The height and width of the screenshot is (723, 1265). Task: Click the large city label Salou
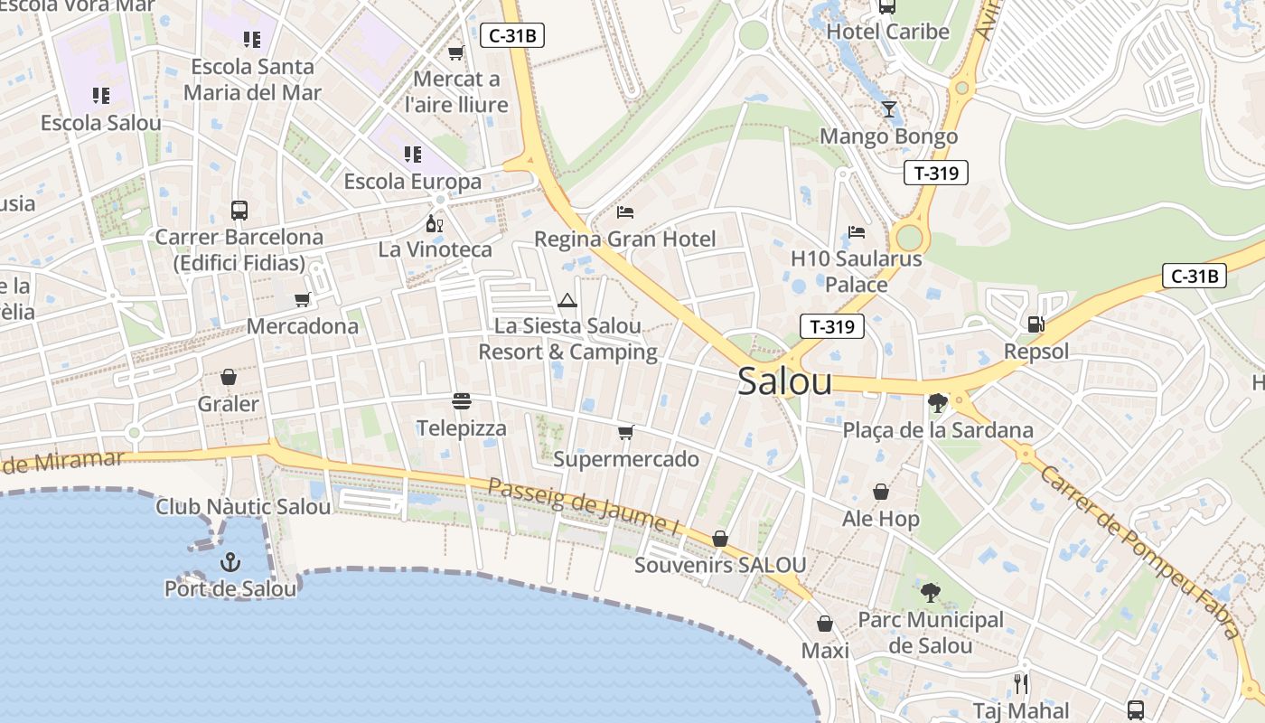click(784, 381)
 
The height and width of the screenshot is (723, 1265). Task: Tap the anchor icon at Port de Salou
click(230, 562)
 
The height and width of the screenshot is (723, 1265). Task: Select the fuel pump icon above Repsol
click(1035, 324)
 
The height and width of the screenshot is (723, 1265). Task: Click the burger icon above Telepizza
click(462, 400)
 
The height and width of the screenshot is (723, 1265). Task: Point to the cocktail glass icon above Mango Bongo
click(889, 109)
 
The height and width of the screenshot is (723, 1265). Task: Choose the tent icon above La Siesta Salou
click(567, 300)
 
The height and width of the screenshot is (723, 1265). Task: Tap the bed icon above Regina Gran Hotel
click(625, 212)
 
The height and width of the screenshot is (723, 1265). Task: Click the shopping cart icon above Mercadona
click(303, 299)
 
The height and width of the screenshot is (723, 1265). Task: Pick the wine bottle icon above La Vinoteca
click(435, 222)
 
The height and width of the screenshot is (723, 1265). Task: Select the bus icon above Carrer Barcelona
click(239, 211)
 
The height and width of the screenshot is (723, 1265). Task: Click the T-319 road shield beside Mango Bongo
click(935, 173)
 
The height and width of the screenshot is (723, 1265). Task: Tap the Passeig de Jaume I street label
click(582, 505)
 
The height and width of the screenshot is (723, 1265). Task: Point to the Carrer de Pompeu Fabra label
click(1139, 551)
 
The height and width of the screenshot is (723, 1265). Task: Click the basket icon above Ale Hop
click(881, 492)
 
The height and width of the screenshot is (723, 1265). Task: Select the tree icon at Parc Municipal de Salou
click(930, 593)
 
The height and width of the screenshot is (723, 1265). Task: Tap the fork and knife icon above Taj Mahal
click(1021, 683)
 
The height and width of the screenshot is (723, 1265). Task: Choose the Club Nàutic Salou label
click(243, 507)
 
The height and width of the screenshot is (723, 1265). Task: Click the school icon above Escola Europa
click(413, 155)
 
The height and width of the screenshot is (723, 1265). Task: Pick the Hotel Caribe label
click(888, 32)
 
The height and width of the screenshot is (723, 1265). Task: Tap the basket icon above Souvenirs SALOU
click(720, 539)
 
